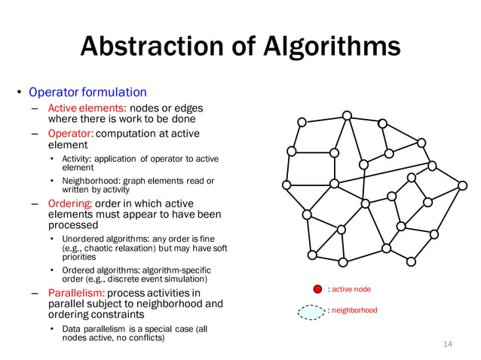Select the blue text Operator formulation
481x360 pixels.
pyautogui.click(x=87, y=93)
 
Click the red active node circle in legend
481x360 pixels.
pyautogui.click(x=318, y=289)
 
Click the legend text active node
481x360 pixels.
pyautogui.click(x=351, y=289)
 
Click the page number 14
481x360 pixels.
pyautogui.click(x=448, y=344)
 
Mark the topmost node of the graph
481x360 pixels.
pyautogui.click(x=347, y=115)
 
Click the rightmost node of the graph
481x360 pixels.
pyautogui.click(x=462, y=185)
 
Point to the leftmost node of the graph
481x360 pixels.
pyautogui.click(x=286, y=185)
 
